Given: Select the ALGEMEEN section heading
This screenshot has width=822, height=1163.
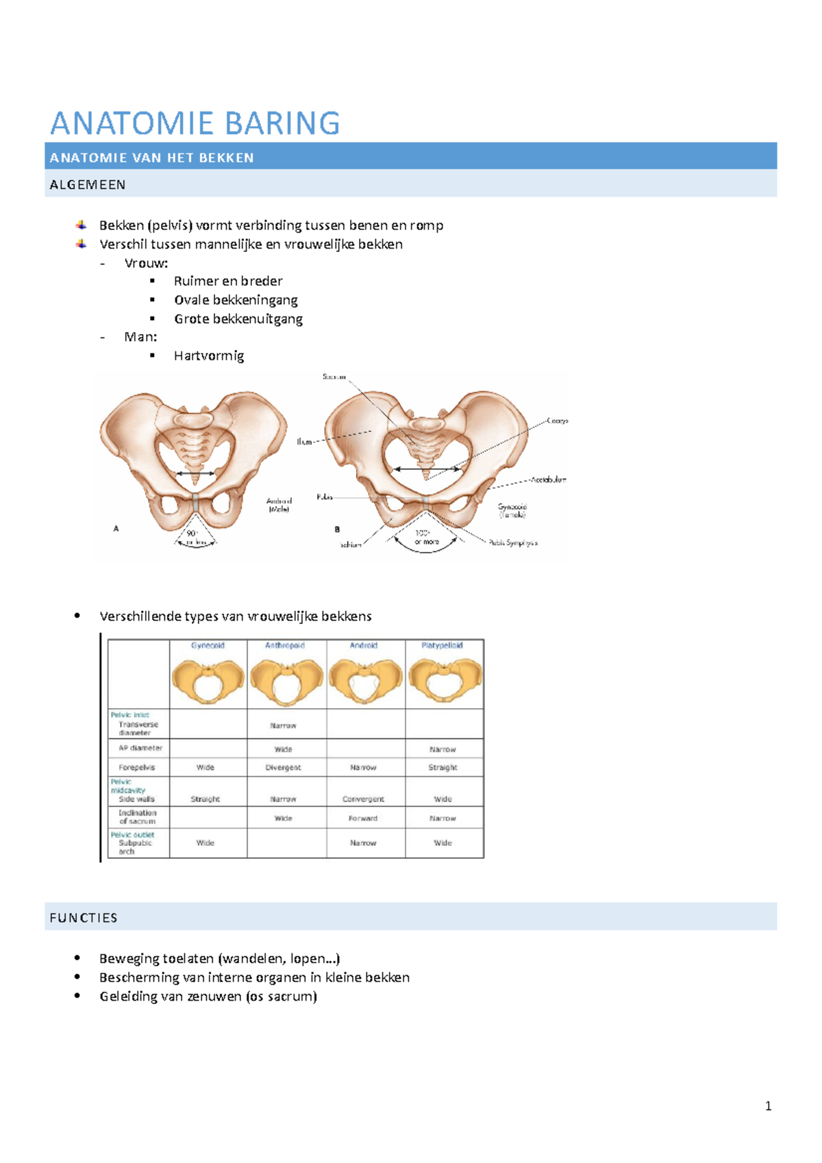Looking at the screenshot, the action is tap(88, 185).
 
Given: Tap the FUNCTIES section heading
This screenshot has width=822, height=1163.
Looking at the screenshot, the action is tap(84, 918).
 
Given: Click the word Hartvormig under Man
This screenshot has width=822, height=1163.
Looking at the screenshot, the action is tap(209, 355).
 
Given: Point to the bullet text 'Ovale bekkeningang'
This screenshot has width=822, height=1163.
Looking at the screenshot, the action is tap(236, 300).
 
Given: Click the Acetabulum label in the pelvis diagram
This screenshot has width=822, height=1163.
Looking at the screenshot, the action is tap(548, 479).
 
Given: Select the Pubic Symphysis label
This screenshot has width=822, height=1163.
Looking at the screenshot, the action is tap(513, 542).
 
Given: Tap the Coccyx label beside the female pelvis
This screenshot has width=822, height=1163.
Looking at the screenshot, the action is tap(557, 421).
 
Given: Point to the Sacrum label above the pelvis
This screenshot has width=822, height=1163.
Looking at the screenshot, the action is tap(334, 377).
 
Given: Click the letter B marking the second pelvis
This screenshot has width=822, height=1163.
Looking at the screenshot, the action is tap(337, 529).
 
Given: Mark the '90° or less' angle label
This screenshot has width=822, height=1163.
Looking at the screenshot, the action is tap(195, 538).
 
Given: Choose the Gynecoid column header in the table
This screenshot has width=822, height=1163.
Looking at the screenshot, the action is tap(208, 646).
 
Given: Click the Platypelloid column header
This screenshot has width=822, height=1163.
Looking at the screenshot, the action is tap(443, 646).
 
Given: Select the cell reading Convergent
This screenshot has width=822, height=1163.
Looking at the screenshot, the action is tap(363, 799).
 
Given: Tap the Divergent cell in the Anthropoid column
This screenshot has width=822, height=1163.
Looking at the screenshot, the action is tap(283, 768).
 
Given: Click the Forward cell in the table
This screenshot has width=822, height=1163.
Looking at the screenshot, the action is tap(363, 818).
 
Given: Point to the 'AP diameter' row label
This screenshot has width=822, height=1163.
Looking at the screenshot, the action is tap(140, 748).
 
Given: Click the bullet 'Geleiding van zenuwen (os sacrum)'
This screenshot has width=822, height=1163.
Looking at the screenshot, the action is tap(208, 997).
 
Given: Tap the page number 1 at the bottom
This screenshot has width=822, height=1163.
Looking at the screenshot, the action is tap(768, 1105).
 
